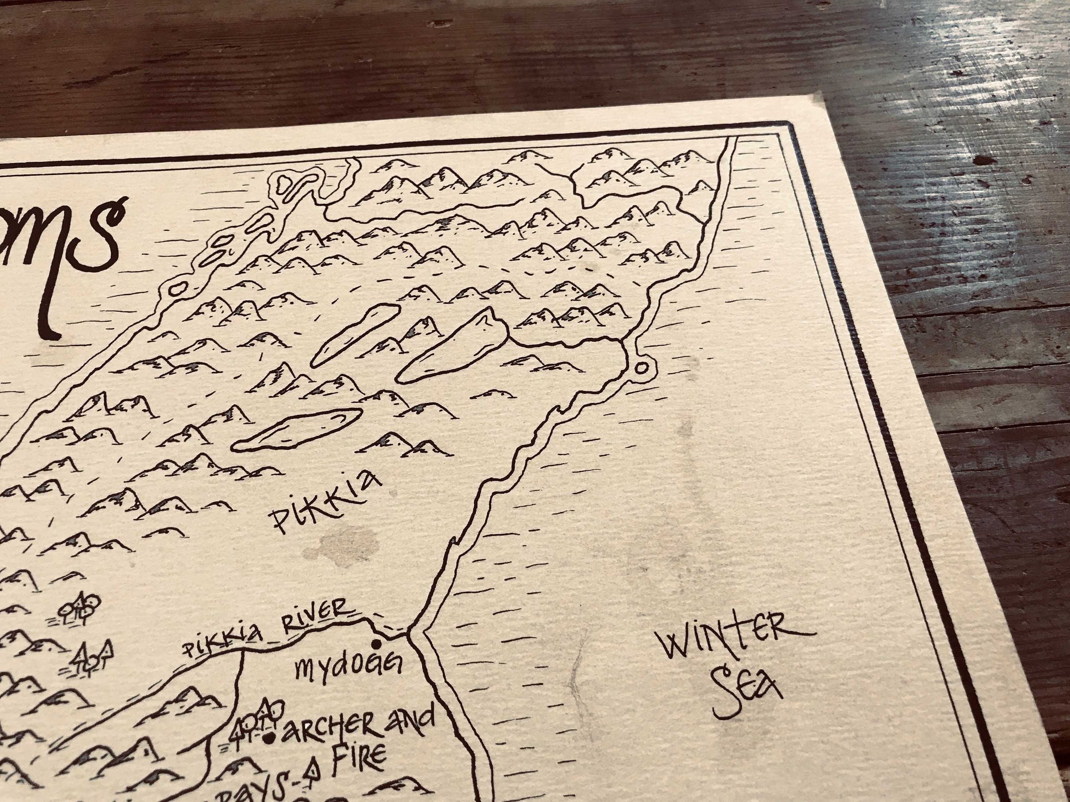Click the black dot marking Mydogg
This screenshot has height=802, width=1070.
tap(375, 644)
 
